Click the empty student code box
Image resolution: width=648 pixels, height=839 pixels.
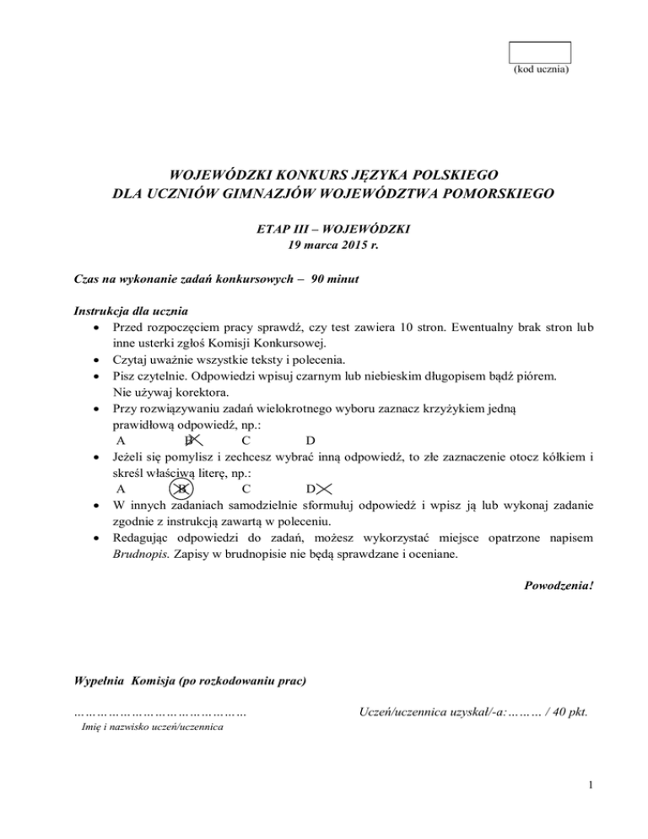tap(540, 52)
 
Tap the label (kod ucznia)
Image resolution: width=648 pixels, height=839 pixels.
tap(541, 69)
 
